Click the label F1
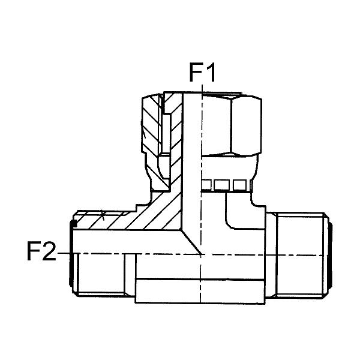(202, 73)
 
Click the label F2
(41, 251)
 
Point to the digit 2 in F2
(49, 251)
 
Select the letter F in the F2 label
(32, 251)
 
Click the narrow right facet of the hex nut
(247, 125)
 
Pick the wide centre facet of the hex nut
(216, 125)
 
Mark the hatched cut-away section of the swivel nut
(151, 128)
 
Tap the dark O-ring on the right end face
(331, 255)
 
